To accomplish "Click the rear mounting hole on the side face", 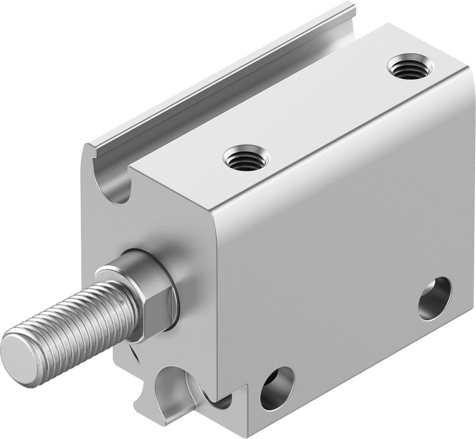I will (x=435, y=298).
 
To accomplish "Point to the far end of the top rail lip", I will (x=350, y=7).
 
